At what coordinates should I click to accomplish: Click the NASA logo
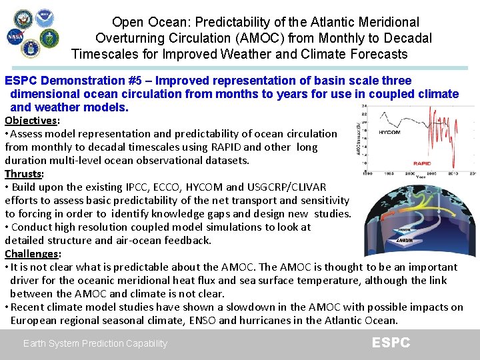tap(15, 37)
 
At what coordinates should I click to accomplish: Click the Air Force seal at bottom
tap(30, 49)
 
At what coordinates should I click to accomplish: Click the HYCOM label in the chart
tap(389, 132)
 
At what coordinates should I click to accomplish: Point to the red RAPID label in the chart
tap(421, 162)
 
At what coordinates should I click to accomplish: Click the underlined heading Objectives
tap(31, 121)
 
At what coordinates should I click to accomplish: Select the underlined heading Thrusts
tap(23, 174)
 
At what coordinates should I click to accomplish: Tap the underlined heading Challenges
tap(32, 254)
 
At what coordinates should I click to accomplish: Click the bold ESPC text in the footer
tap(391, 343)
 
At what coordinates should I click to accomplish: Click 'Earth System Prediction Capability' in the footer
tap(95, 344)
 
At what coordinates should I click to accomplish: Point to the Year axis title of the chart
tap(421, 177)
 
